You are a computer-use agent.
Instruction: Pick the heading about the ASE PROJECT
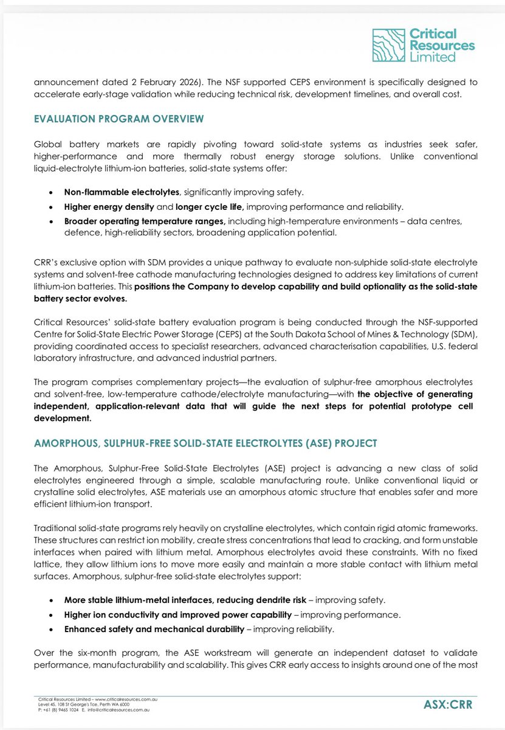pyautogui.click(x=205, y=442)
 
